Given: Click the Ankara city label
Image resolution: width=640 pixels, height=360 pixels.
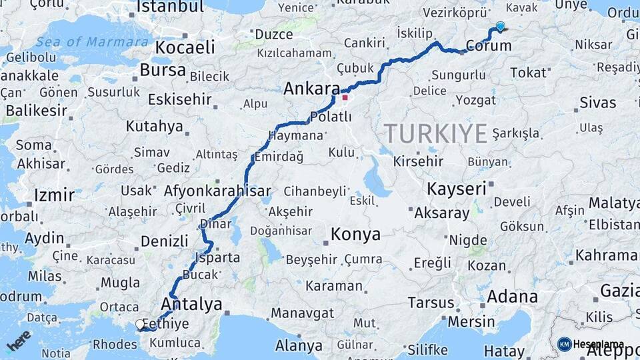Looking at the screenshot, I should coord(311,89).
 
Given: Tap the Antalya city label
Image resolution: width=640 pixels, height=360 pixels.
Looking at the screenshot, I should coord(191,305).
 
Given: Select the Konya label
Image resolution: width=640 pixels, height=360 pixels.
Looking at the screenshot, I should coord(355,235).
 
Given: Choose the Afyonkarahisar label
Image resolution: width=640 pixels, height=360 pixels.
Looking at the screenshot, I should coord(217,190).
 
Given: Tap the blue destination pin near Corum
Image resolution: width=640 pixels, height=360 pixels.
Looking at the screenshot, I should coord(500,26).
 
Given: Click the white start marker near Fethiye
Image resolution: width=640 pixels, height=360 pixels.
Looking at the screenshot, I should coord(140,325).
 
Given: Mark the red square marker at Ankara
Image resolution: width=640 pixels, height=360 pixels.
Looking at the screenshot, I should coord(345,97).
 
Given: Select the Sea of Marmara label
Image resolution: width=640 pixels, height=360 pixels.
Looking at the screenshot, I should coord(92,41).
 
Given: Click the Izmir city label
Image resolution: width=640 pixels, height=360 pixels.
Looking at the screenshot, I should coord(54,196).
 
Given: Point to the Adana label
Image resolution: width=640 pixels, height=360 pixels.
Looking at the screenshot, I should coord(512,297).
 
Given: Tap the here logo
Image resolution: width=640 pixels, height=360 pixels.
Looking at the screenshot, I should coord(19,340).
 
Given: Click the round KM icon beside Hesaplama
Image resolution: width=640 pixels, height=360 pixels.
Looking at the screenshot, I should coord(565,345).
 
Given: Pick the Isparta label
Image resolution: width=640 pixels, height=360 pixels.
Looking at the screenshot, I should coord(217,257).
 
